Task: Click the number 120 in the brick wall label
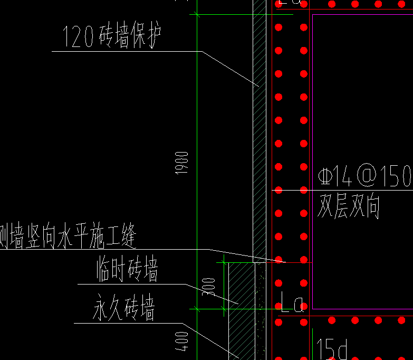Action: [x=79, y=37]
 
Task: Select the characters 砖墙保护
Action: [x=129, y=37]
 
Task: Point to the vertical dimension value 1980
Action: [x=182, y=163]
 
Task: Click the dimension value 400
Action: [x=181, y=341]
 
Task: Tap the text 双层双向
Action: [x=348, y=206]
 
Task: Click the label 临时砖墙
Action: [x=127, y=270]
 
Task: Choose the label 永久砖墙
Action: [x=124, y=309]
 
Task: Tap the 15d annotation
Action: [x=332, y=349]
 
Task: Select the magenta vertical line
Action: [x=313, y=158]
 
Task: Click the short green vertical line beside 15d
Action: [x=313, y=343]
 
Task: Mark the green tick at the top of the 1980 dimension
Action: [x=197, y=14]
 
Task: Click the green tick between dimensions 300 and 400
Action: [x=197, y=308]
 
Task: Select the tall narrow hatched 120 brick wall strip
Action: [x=260, y=132]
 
